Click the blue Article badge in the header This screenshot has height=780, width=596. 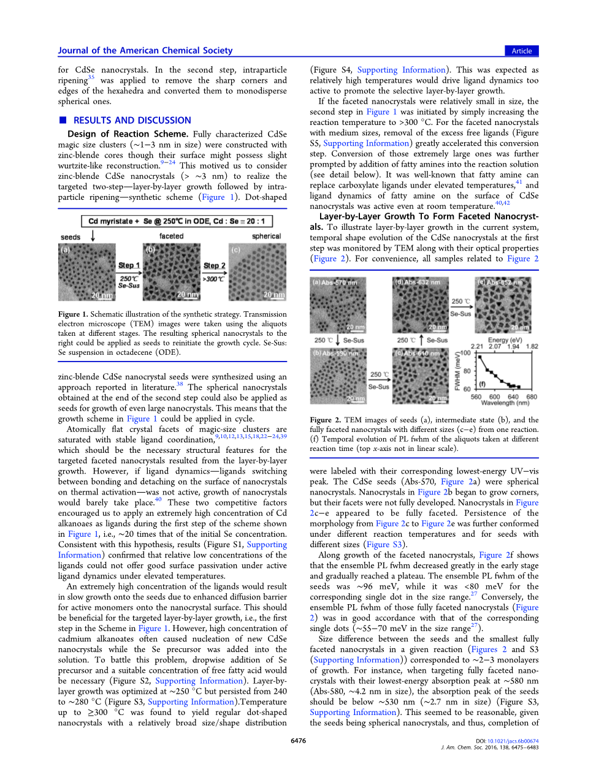coord(521,51)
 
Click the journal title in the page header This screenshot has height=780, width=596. coord(145,51)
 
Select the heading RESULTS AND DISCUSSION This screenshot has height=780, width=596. coord(132,121)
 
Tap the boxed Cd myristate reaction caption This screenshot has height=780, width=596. coord(177,221)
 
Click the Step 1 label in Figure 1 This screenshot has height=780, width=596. coord(129,265)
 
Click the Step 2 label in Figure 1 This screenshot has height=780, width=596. coord(214,265)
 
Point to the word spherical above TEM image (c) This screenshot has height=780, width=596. coord(266,236)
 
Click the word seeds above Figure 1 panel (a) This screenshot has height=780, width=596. coord(71,237)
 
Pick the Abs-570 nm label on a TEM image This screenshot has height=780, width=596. coord(335,282)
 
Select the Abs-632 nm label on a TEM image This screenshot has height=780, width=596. coord(418,282)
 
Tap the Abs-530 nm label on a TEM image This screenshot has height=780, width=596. coord(335,354)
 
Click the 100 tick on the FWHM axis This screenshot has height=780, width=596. coord(465,353)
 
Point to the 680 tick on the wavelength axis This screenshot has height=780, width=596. coord(532,396)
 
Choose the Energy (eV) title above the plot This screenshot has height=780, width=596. coord(505,340)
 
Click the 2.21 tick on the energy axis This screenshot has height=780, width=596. coord(476,346)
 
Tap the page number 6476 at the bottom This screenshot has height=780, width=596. coord(298,741)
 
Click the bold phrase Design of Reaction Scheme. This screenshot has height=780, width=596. coord(128,134)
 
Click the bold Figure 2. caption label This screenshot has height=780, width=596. coord(321,420)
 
